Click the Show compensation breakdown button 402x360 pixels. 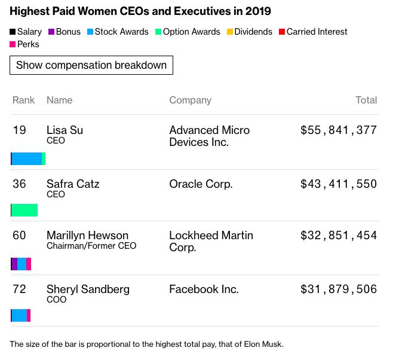[91, 65]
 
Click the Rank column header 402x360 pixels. [24, 100]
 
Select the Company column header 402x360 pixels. [190, 100]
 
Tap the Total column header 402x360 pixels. [366, 100]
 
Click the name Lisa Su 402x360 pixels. [65, 130]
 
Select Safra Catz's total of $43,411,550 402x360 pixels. [339, 184]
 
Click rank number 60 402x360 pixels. [20, 235]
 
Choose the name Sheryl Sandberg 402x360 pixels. [88, 289]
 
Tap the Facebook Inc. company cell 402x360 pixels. [204, 289]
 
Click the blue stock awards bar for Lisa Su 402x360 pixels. [27, 158]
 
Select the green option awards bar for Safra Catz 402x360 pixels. [24, 210]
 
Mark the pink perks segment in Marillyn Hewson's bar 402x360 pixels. [29, 264]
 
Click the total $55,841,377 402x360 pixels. [339, 130]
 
